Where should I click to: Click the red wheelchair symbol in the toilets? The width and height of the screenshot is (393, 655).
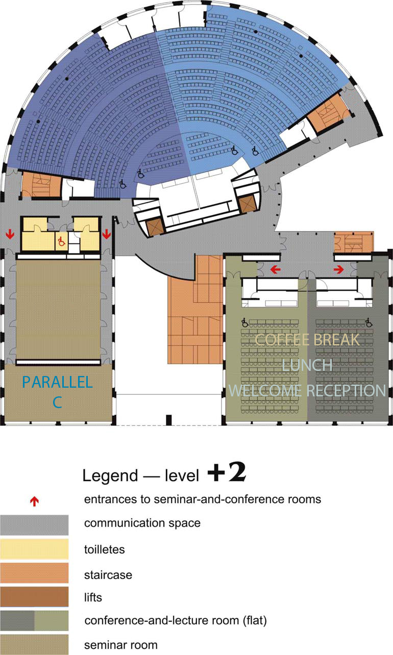pos(61,241)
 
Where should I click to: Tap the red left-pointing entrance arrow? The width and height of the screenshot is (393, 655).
pos(276,269)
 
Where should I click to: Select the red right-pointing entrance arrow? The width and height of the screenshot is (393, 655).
pos(338,269)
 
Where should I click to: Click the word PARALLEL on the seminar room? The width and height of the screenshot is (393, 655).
pos(57,382)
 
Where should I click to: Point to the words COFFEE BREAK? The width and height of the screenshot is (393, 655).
pos(307,340)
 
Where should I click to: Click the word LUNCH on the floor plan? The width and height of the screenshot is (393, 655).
pos(307,365)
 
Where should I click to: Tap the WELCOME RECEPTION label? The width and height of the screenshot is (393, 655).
pos(307,391)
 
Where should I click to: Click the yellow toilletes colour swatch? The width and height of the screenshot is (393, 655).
pos(34,549)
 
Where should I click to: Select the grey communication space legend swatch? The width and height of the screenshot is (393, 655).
pos(34,525)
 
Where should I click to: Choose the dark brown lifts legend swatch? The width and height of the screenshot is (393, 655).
pos(34,597)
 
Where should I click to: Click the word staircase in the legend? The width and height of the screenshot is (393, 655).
pos(108,575)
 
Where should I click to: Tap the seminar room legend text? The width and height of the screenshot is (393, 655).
pos(121,644)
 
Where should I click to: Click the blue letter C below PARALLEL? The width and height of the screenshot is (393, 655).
pos(57,402)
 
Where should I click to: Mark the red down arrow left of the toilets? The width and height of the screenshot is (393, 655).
pos(10,234)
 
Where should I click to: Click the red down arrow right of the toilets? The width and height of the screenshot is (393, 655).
pos(106,234)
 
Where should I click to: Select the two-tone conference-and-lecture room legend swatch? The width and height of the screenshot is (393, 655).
pos(34,620)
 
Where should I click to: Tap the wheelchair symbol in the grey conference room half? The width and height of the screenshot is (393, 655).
pos(369,322)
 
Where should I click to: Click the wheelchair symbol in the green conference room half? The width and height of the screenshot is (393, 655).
pos(245,322)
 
